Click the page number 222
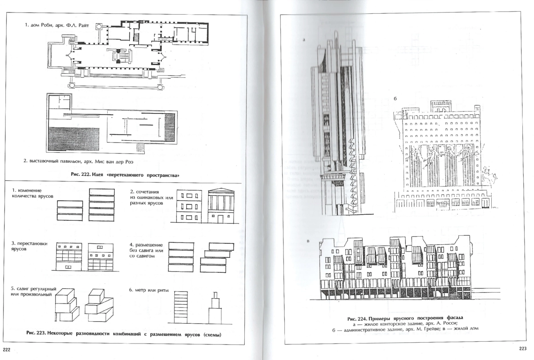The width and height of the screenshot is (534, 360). coord(7,349)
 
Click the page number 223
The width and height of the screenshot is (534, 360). coord(523,348)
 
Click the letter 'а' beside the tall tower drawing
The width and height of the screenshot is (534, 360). coord(304,40)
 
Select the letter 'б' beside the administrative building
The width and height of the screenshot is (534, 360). coord(395,98)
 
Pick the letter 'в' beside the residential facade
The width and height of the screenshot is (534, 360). coord(308,241)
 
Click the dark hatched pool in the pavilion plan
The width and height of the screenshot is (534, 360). coord(74,139)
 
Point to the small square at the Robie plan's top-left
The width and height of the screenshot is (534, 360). coord(99,26)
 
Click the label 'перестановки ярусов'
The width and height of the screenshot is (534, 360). coord(29,246)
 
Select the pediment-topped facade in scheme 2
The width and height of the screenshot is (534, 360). coord(221,206)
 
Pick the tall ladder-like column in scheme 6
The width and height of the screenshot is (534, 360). coord(181,307)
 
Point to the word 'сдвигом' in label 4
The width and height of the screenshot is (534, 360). coord(145,256)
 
